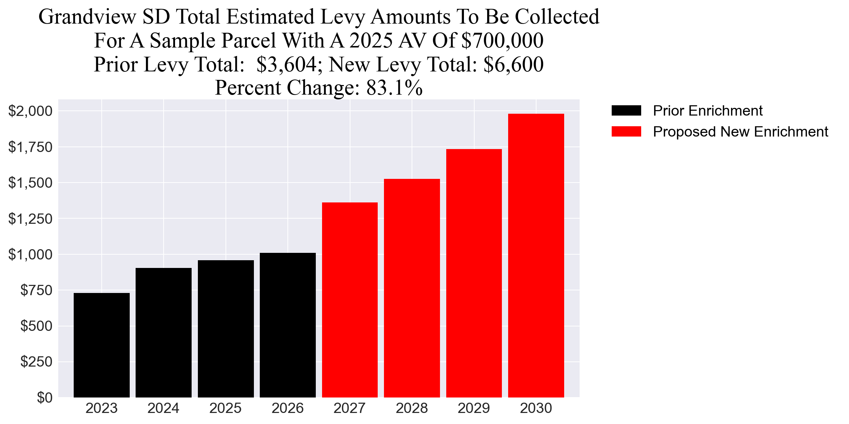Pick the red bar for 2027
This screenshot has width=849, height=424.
350,300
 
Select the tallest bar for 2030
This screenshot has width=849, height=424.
536,255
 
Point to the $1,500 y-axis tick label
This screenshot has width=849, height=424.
30,183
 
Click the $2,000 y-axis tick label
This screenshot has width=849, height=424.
30,111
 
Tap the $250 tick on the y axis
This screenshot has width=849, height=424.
36,362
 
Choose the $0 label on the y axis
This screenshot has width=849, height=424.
44,397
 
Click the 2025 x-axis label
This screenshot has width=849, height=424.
226,409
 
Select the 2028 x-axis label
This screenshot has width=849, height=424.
412,409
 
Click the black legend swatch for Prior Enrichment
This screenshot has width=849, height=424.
626,111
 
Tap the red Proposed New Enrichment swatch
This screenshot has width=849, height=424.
626,132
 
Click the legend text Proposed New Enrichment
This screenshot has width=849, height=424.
740,132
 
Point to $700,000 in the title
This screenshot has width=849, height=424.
502,40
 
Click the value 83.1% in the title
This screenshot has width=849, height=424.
394,88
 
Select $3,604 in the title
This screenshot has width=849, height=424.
286,64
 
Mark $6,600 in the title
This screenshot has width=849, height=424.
513,64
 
